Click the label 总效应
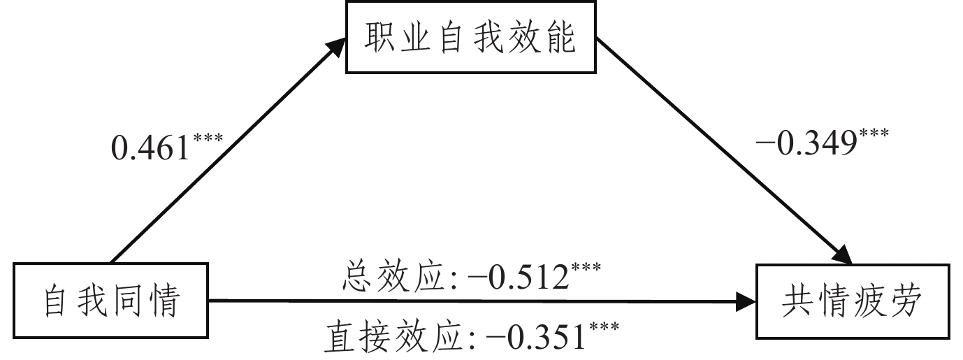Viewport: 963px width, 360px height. pos(395,278)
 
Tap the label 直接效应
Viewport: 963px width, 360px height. pos(394,340)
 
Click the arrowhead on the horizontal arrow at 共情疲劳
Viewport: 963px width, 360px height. pos(747,303)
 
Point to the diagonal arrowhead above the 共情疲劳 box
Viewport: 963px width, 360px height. pos(848,254)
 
